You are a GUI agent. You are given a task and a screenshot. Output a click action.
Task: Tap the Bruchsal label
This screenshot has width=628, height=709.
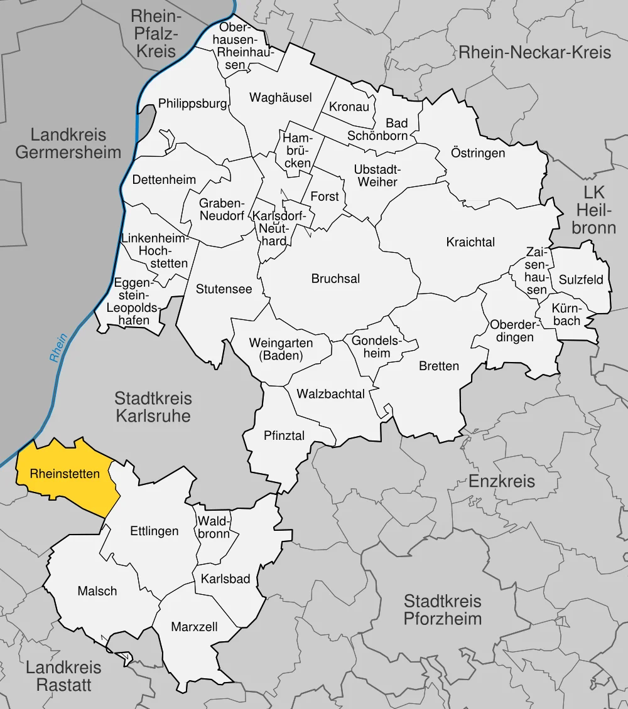pos(335,279)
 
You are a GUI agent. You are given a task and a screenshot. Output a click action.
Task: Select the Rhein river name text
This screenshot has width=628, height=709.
pos(58,348)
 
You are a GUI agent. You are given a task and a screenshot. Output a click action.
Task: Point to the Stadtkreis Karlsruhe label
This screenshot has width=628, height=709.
pos(153,407)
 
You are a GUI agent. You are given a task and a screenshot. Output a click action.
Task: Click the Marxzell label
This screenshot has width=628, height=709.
pos(194,627)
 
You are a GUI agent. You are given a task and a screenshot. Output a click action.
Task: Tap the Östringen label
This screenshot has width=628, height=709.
pos(478,153)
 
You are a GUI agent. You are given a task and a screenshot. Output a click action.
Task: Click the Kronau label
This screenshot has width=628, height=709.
pos(349,107)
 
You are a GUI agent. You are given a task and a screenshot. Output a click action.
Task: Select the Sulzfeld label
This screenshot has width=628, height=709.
pos(581,280)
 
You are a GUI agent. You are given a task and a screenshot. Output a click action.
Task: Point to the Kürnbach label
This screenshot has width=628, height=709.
pos(567,315)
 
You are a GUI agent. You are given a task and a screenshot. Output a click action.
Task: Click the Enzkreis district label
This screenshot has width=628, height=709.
pos(502,481)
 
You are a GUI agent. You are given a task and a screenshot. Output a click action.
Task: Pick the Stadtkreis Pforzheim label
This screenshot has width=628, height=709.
pos(443,610)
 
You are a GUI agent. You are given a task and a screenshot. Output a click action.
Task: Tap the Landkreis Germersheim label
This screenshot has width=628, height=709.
pos(68,143)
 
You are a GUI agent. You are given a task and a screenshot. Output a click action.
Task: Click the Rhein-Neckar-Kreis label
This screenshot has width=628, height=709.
pos(534,52)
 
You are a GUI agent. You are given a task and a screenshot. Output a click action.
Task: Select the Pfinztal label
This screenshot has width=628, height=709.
pos(284,435)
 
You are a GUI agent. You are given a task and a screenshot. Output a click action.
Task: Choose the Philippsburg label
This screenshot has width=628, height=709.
pos(192,104)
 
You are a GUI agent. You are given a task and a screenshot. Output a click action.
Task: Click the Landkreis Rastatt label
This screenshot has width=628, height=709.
pos(63,676)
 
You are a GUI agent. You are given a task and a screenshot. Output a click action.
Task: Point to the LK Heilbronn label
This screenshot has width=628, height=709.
pos(593,209)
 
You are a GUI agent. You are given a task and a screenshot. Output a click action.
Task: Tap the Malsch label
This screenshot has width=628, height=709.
pos(97,591)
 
